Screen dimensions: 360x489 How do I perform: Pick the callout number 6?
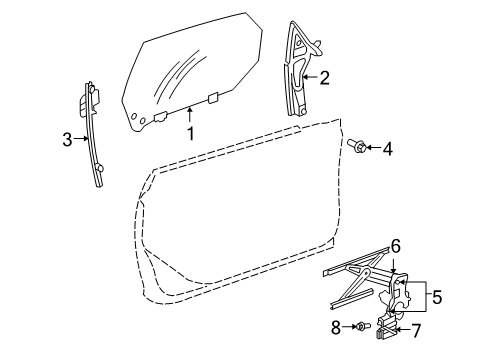coord(395,272)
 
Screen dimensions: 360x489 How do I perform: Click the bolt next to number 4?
coord(357,147)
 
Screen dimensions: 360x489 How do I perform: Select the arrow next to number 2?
coord(310,75)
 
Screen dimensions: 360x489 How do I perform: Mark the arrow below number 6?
coord(394,287)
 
